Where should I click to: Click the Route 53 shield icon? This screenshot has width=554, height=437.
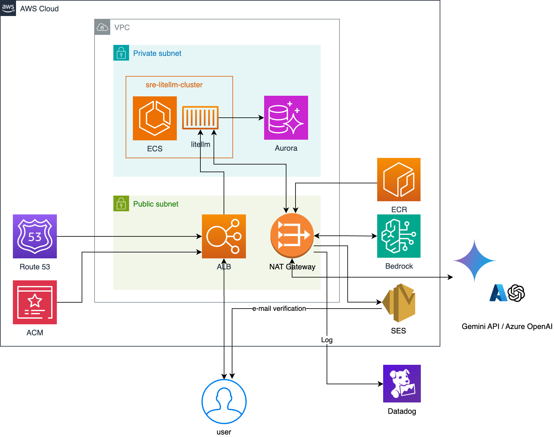[x=35, y=236]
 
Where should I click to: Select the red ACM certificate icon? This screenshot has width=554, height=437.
[x=35, y=302]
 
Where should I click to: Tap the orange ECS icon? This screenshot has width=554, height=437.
[x=155, y=118]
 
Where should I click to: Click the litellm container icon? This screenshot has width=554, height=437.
[x=200, y=118]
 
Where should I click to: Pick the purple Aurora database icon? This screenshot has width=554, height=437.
[x=286, y=118]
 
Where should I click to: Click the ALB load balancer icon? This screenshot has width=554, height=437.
[x=224, y=236]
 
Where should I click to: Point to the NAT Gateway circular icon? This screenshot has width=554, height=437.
[x=292, y=235]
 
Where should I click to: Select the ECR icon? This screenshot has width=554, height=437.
[x=399, y=179]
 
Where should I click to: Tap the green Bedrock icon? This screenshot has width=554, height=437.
[x=399, y=236]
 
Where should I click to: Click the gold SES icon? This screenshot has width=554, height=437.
[x=399, y=303]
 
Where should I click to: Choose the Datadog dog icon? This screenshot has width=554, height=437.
[x=402, y=383]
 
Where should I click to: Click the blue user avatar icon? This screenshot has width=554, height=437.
[x=224, y=401]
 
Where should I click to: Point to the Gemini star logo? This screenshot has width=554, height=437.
[x=475, y=261]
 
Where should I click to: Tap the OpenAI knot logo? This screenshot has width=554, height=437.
[x=516, y=293]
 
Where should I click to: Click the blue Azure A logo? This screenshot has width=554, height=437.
[x=498, y=293]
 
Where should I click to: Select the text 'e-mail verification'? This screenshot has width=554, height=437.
[x=279, y=309]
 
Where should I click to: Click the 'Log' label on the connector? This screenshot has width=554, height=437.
[x=327, y=340]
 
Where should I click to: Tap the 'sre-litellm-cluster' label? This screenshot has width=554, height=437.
[x=174, y=85]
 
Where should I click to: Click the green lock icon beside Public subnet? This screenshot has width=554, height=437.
[x=121, y=204]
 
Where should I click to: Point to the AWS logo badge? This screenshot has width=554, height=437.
[x=8, y=8]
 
